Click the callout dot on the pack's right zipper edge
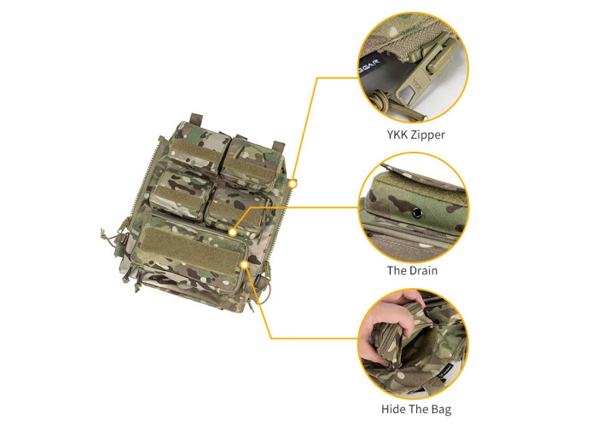pos(293,182)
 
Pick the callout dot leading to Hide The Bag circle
pos(245,265)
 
